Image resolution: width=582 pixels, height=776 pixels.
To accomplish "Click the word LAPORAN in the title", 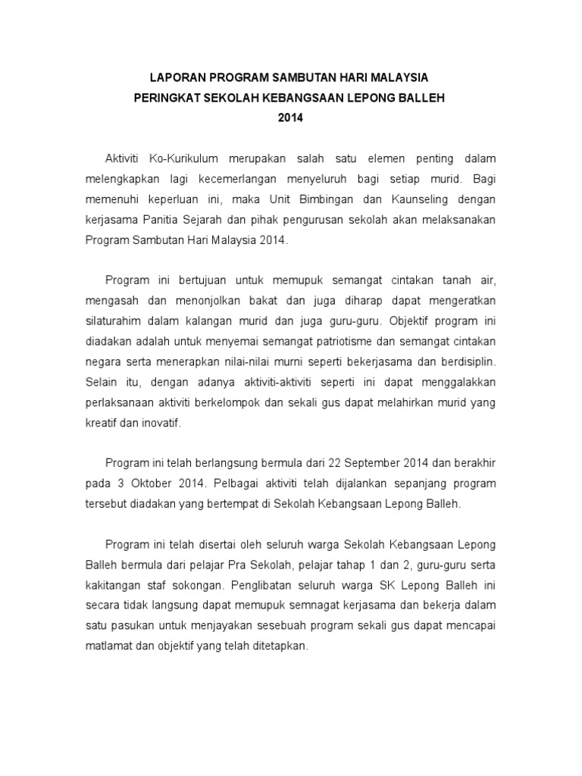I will [x=174, y=78].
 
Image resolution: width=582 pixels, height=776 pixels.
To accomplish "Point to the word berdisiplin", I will [x=466, y=361].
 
